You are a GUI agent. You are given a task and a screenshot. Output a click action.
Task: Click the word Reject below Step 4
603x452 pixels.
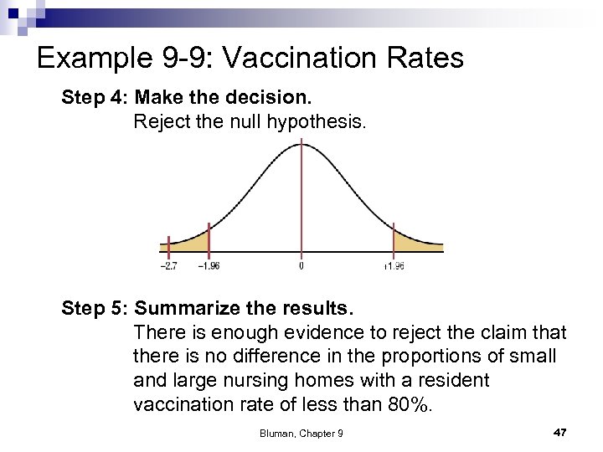[x=162, y=122]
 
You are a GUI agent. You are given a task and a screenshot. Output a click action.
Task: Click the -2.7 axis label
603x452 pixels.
[x=168, y=266]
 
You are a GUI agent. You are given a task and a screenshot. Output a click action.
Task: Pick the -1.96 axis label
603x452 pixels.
[x=209, y=266]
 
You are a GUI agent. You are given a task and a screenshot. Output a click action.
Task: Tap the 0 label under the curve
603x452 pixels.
[x=301, y=266]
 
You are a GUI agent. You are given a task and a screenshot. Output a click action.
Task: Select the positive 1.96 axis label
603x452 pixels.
[x=394, y=266]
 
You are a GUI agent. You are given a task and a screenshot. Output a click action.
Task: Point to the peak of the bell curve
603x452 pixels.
[x=301, y=145]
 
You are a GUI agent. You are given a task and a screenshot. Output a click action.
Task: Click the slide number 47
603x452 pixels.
[x=560, y=432]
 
